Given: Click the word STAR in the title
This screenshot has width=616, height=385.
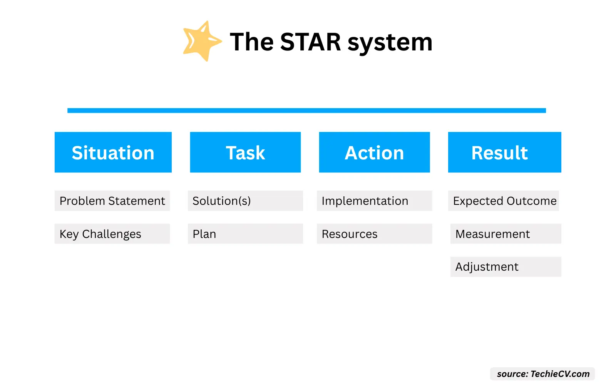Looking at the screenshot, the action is tap(310, 42).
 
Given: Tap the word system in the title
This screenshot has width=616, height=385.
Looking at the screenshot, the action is tap(390, 44).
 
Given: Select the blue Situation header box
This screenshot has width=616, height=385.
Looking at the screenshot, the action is tap(113, 152).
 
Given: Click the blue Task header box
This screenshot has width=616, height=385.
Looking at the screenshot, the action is tap(245, 152).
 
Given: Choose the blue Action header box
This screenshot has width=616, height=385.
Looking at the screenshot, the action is tap(374, 152).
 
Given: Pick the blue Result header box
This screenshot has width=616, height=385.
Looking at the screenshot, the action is tap(505, 152).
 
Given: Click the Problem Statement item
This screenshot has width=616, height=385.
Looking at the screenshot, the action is tap(112, 201).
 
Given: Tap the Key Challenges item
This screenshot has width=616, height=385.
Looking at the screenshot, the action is tap(112, 234).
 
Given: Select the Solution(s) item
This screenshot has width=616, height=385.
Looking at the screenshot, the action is tap(245, 201).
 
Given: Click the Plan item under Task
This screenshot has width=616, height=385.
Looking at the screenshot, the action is tap(245, 234).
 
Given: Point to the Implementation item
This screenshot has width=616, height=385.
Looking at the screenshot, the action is tap(375, 201).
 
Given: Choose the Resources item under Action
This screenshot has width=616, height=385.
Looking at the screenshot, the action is tap(375, 234).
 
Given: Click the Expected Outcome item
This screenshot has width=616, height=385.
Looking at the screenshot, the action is tap(504, 201).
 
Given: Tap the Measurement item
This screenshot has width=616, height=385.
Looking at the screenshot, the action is tap(506, 234).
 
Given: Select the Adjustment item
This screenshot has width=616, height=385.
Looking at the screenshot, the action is tap(506, 267).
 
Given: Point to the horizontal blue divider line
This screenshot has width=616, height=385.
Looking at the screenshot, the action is tap(306, 110).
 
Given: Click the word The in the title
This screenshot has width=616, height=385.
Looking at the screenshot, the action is tap(252, 42).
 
